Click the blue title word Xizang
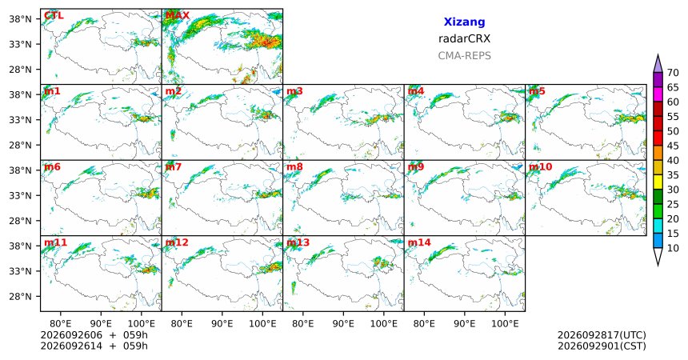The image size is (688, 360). tap(464, 22)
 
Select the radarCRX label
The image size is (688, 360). tap(464, 38)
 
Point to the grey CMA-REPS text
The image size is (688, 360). tap(464, 56)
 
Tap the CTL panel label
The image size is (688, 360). tap(54, 16)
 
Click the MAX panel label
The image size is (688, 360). tap(178, 16)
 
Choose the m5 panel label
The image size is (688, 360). tap(537, 91)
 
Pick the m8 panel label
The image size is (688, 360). tap(294, 167)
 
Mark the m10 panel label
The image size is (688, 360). tap(541, 167)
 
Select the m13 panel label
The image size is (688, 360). tap(298, 242)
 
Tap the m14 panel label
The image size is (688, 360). tap(419, 242)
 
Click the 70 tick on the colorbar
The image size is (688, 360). tap(673, 73)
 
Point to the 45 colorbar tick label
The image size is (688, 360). tap(673, 146)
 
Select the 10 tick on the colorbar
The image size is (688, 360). tap(673, 248)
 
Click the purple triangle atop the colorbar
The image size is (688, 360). tap(658, 64)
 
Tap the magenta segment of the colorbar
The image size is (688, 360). tap(658, 94)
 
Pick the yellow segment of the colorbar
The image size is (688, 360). tap(658, 182)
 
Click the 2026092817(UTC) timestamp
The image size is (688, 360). tap(602, 335)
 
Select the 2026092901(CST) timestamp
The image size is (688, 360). tap(602, 346)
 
